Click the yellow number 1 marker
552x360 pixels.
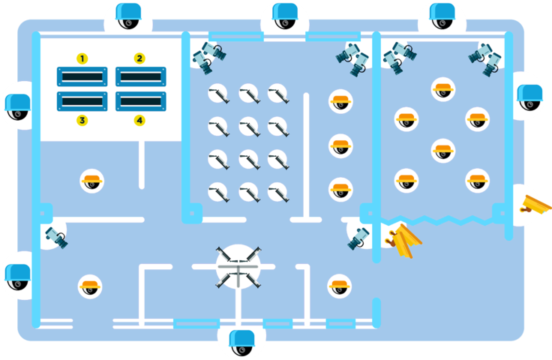(82, 58)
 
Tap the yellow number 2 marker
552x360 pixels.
(139, 58)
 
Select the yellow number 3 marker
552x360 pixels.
(82, 120)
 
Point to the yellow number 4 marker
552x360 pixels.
(139, 120)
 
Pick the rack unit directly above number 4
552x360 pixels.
(140, 100)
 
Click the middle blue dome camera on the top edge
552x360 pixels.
(285, 15)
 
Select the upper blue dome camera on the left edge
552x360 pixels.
(17, 106)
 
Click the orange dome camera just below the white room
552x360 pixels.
(92, 181)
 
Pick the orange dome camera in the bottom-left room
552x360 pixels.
(90, 286)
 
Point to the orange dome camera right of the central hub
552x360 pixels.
(340, 286)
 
